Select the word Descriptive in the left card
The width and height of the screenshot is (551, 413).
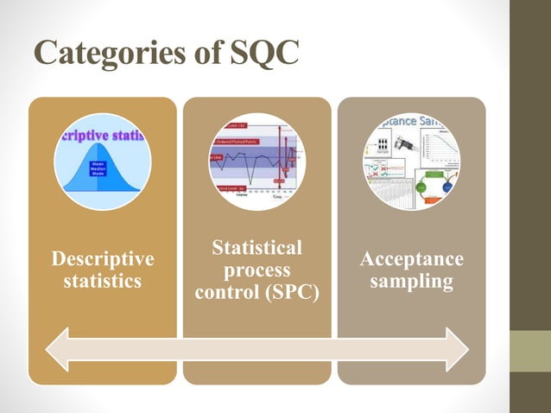(103, 259)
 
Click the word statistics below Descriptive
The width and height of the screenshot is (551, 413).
(103, 282)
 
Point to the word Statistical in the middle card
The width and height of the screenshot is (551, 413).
(256, 249)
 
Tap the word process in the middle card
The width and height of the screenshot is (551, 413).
(256, 270)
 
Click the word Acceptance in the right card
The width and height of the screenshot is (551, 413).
(411, 259)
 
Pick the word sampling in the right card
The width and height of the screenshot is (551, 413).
(411, 282)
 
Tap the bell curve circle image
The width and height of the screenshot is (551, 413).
(103, 162)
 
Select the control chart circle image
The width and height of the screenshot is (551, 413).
(256, 162)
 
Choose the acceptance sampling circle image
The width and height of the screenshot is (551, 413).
(411, 162)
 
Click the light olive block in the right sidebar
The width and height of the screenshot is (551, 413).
(530, 351)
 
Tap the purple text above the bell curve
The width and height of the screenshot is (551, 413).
(103, 137)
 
